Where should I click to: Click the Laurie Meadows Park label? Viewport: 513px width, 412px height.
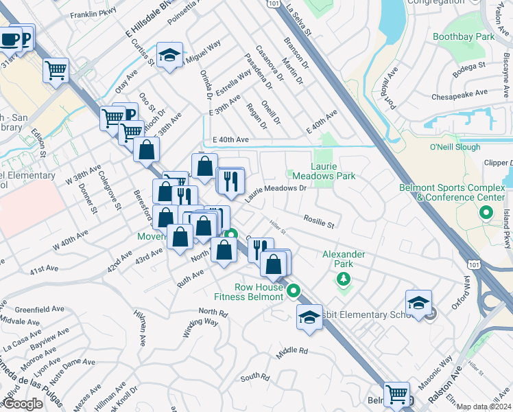point(333,171)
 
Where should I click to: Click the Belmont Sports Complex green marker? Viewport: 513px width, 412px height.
point(486,213)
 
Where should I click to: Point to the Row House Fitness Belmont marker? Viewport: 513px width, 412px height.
point(294,291)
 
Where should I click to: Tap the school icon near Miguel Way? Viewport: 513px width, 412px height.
point(169,57)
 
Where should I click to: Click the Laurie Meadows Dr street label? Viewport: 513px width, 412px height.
point(275,192)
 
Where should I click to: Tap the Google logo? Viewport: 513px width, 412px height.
point(23,404)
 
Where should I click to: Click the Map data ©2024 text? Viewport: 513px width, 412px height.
point(484,407)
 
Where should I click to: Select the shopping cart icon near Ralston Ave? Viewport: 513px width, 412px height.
point(396,394)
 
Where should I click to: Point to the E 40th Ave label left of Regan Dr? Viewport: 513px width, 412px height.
point(230,139)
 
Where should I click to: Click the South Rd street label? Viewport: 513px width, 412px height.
point(254,377)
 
